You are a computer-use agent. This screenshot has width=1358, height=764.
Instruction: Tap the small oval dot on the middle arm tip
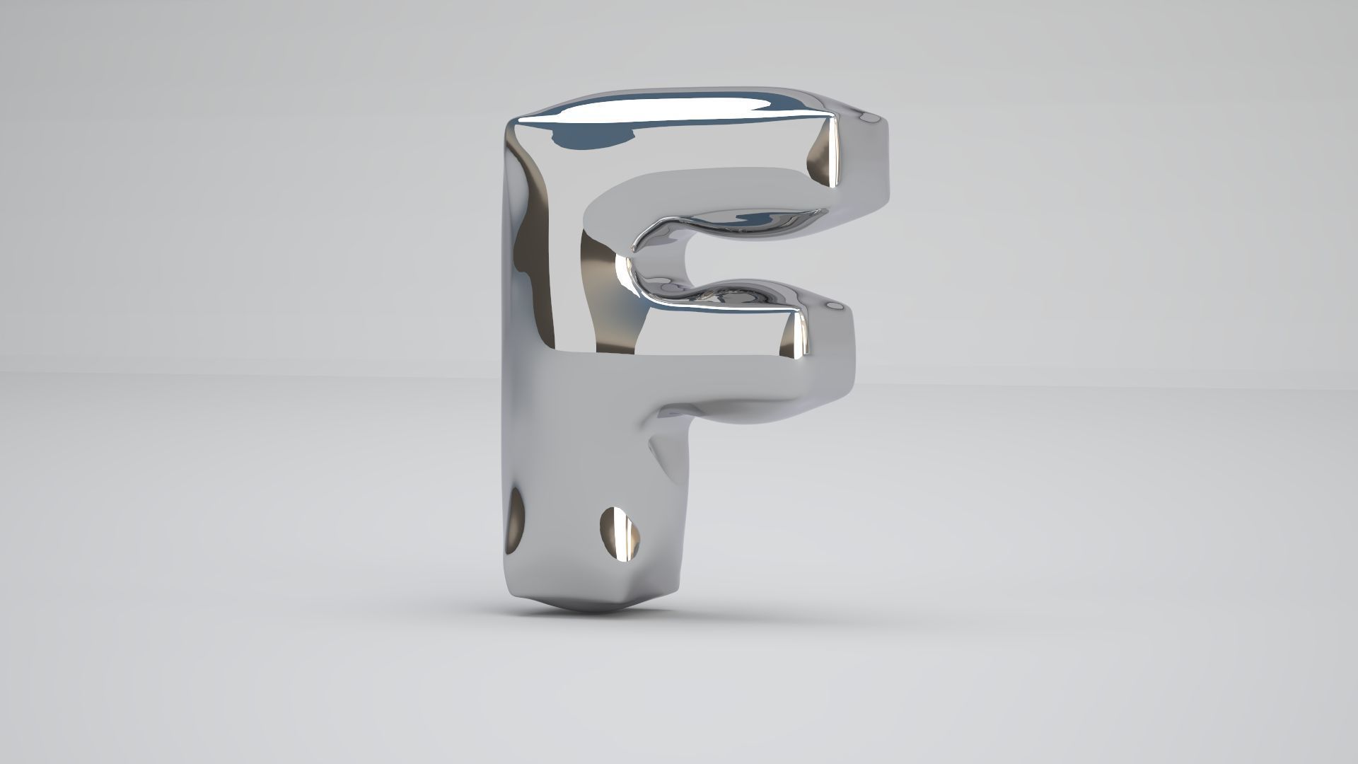[835, 306]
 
